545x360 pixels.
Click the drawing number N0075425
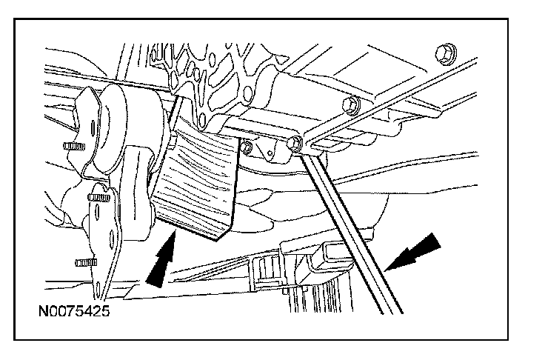pos(73,311)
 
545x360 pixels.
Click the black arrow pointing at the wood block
pos(163,259)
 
